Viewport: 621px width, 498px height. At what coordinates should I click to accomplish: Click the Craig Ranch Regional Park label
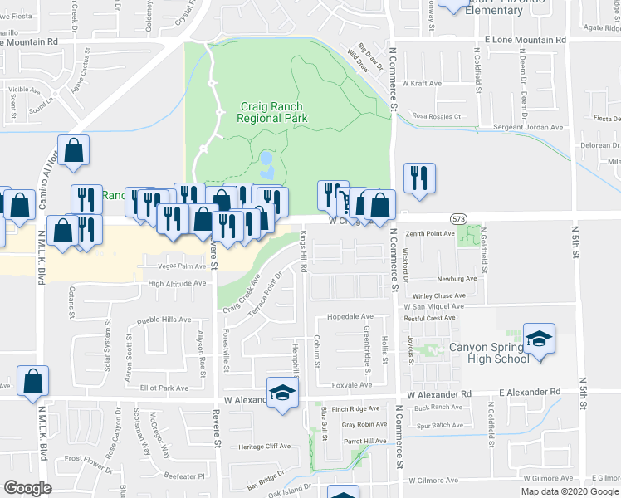(271, 112)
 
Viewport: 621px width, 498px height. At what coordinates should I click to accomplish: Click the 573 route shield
(458, 217)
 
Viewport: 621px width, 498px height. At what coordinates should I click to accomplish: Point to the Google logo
(27, 487)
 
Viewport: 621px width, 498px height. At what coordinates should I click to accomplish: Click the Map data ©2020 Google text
(570, 491)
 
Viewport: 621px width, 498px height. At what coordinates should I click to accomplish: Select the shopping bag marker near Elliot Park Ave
(33, 382)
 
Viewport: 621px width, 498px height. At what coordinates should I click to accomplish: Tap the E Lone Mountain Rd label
(525, 40)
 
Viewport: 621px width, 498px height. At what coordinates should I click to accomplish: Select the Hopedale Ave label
(350, 317)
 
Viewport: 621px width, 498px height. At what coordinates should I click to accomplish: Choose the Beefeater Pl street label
(183, 476)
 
